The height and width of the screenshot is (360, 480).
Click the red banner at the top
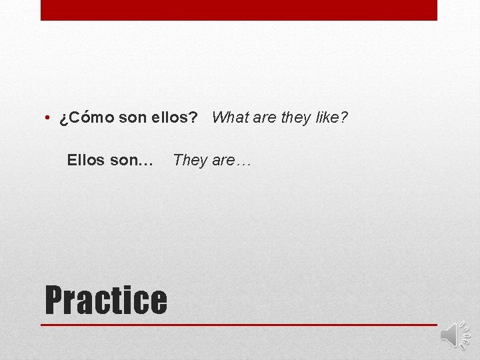pos(239,10)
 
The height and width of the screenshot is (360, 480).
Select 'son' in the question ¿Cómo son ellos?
pos(133,118)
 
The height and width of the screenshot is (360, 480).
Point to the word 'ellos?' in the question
pos(175,118)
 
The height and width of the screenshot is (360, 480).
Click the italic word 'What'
pos(229,118)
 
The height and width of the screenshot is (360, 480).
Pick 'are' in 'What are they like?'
pos(265,118)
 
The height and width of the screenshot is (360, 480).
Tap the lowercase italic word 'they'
pos(295,118)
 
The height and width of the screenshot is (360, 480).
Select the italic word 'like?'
pos(331,118)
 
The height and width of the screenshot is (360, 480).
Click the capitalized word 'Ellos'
pos(86,160)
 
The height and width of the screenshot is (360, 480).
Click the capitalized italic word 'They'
pos(190,160)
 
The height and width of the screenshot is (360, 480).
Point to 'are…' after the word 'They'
pos(231,160)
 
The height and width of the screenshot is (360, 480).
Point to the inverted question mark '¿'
pos(63,119)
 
